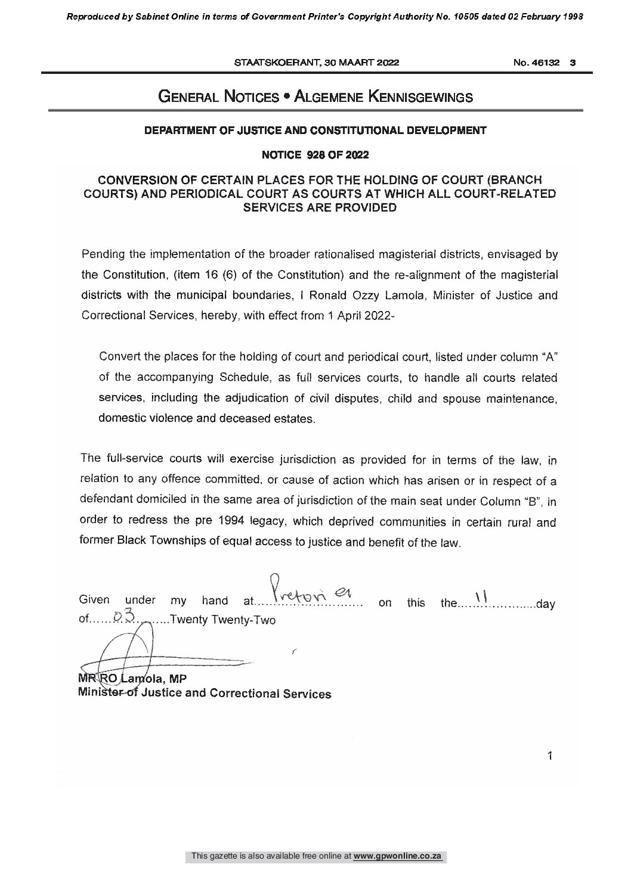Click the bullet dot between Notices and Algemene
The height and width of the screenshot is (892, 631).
coord(287,96)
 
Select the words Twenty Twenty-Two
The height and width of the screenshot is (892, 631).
coord(222,620)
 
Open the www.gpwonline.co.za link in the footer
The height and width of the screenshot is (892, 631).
coord(397,856)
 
